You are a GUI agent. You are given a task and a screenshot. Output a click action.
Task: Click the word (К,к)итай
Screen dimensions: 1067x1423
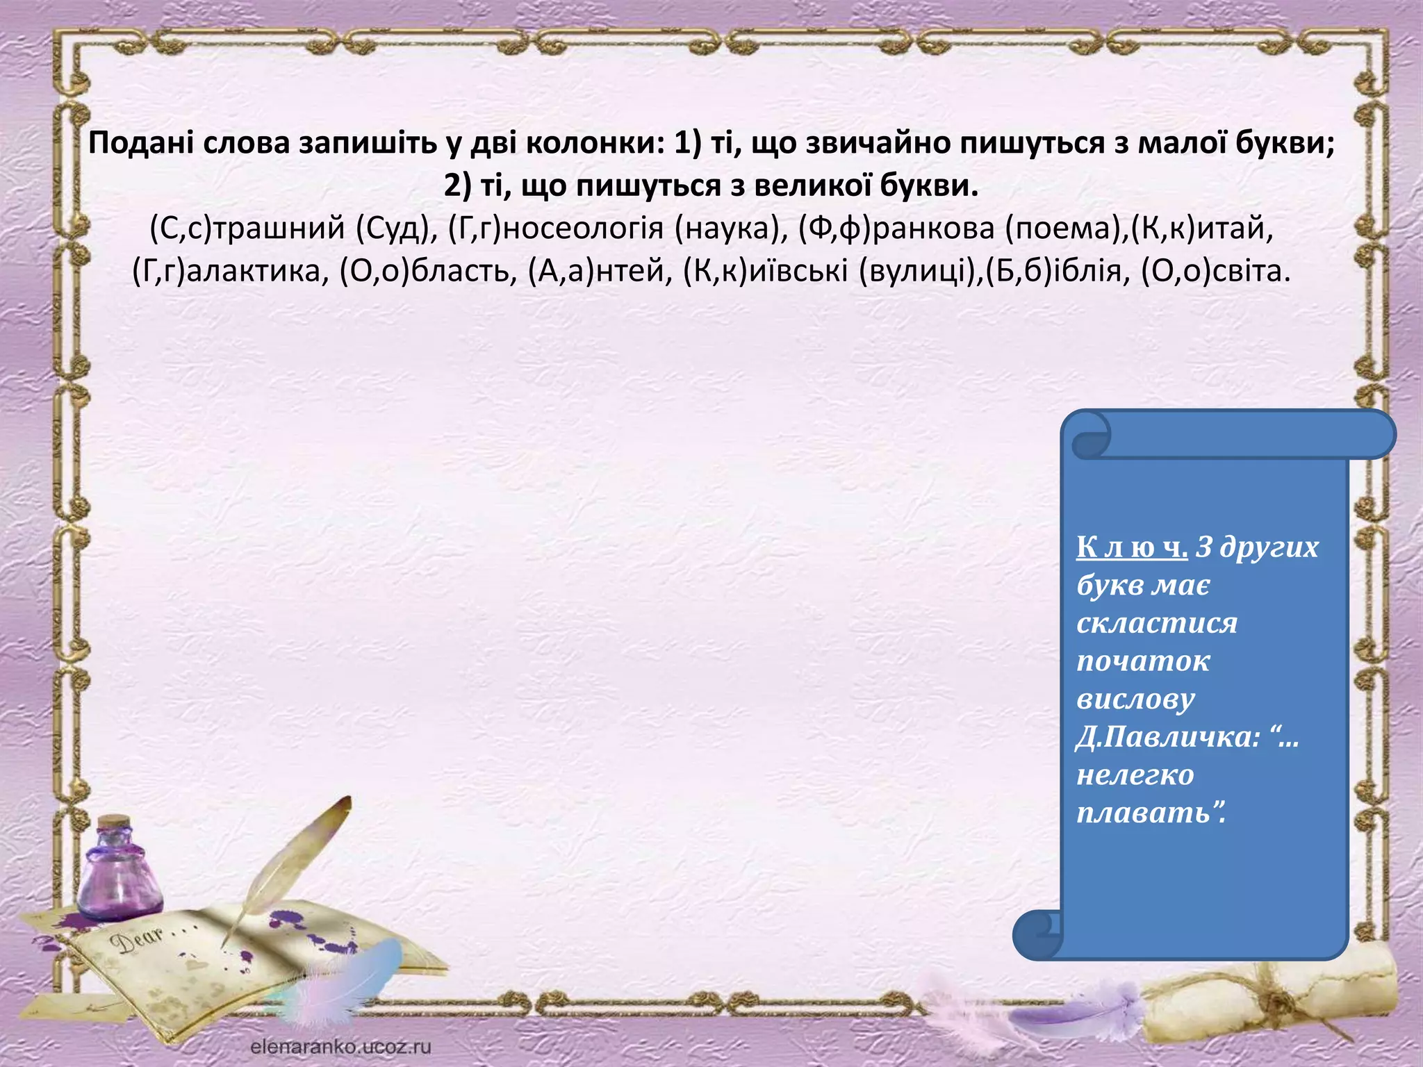1203,228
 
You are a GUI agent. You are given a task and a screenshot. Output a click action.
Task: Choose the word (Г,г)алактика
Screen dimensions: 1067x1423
230,271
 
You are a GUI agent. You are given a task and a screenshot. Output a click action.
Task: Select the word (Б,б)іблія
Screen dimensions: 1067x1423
1054,271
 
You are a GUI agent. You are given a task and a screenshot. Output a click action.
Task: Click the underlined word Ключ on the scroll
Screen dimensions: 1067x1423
1132,547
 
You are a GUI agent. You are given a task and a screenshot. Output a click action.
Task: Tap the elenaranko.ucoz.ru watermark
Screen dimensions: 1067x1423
340,1046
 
